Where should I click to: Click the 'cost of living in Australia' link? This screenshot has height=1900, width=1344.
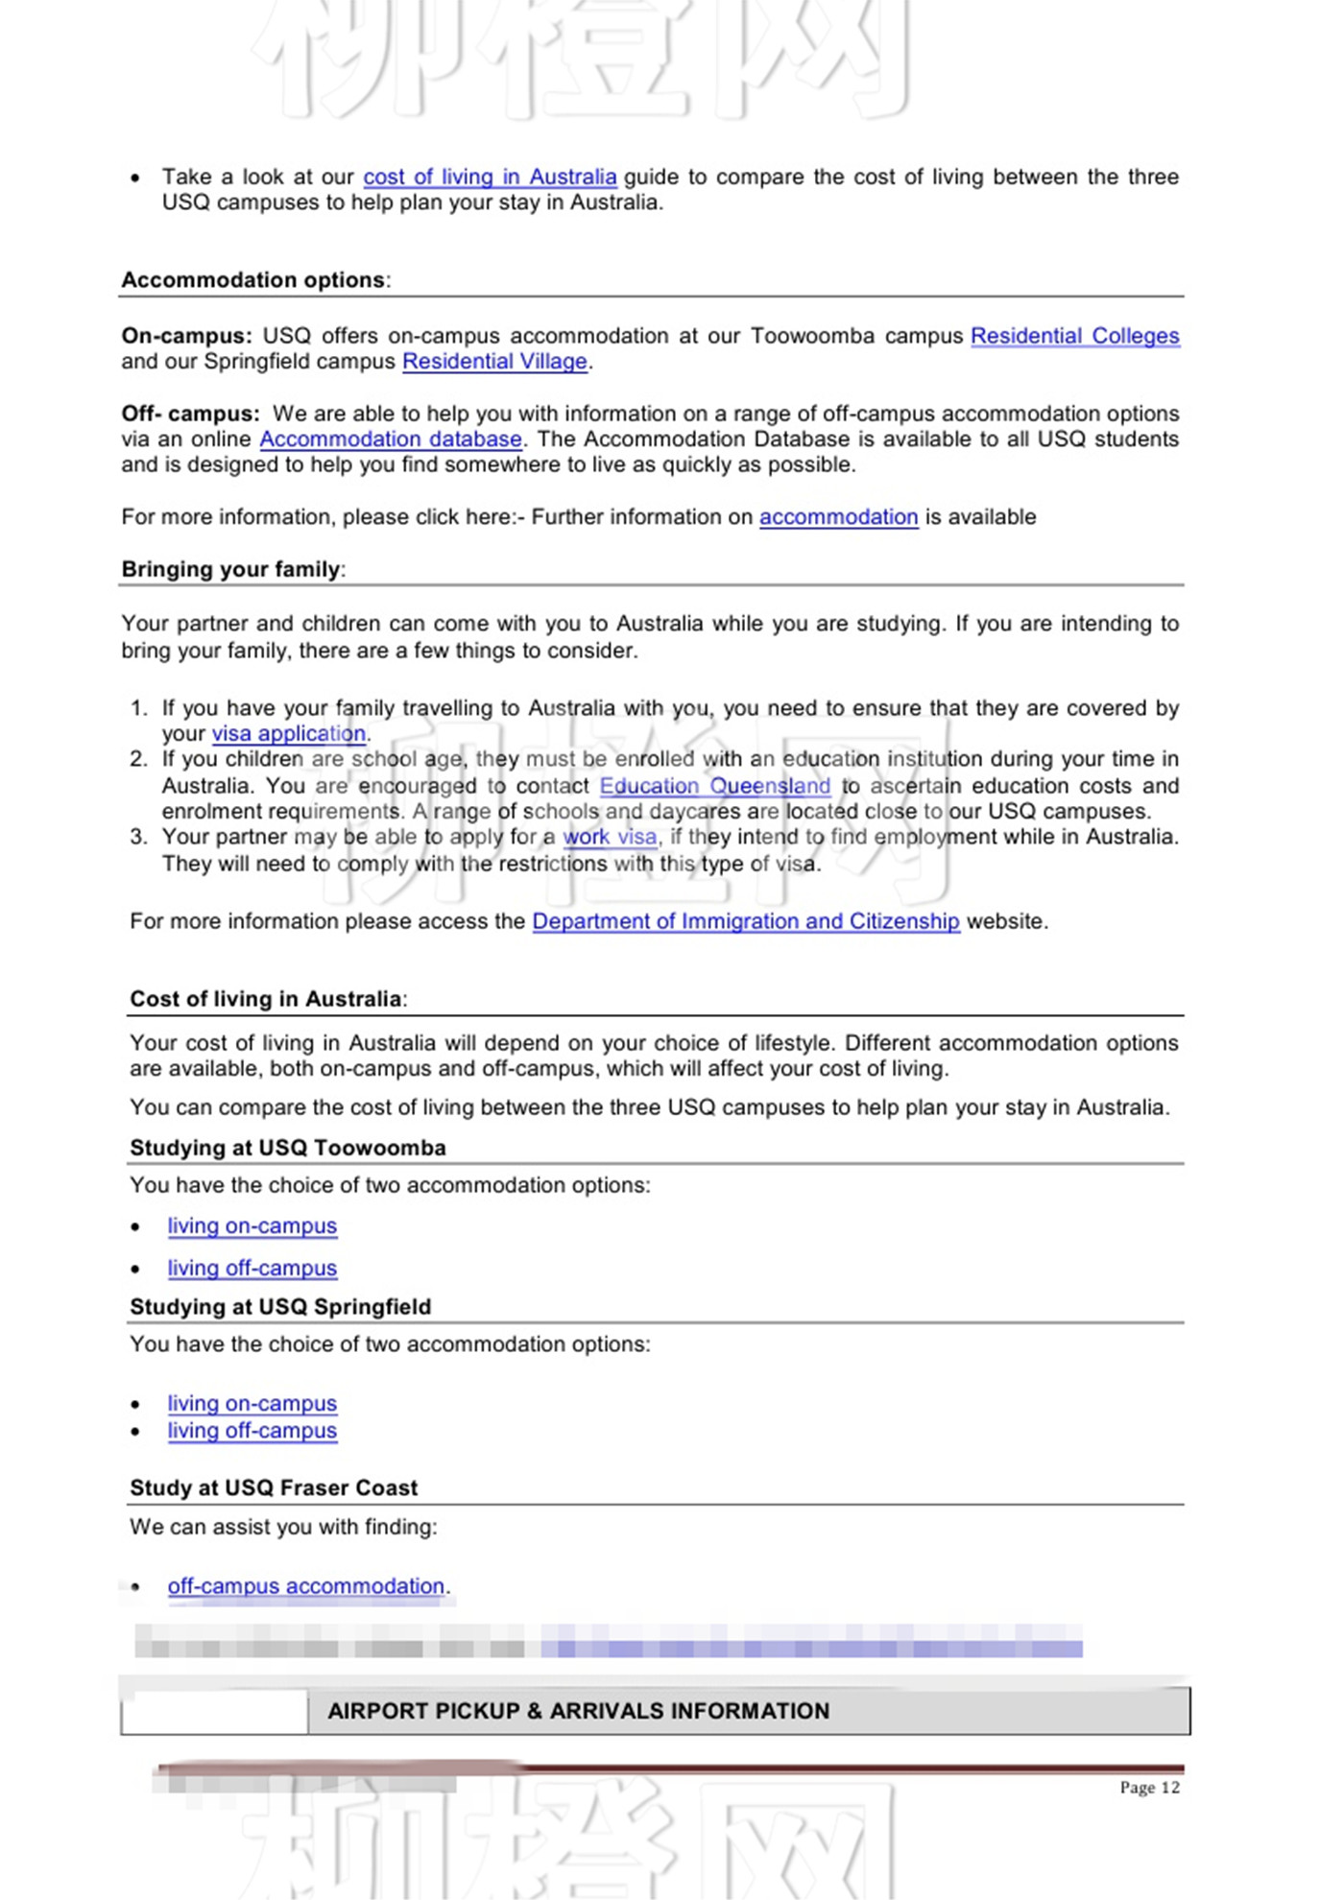click(490, 178)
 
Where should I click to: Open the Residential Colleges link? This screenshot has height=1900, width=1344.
click(1074, 337)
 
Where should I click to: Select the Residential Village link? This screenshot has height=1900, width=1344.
click(494, 362)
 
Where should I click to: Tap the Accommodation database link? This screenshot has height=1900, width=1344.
click(391, 439)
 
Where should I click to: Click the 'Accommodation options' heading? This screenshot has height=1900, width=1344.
click(253, 280)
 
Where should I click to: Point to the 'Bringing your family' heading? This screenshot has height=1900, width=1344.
click(230, 570)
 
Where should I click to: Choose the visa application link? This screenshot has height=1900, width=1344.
click(288, 734)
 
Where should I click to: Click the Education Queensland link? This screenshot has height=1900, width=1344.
click(714, 786)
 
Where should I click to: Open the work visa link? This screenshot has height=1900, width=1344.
click(610, 837)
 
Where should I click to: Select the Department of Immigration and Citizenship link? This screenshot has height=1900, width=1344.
click(745, 921)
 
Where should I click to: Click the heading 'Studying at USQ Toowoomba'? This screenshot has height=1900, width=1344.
click(288, 1149)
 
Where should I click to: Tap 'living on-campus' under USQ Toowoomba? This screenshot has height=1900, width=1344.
click(252, 1226)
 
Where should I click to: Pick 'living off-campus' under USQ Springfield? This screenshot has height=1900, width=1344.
click(252, 1431)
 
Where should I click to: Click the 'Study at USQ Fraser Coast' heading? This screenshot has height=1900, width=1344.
click(274, 1488)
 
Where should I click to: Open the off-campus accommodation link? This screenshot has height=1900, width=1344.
click(305, 1586)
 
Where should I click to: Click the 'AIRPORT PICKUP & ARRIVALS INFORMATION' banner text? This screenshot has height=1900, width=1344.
click(578, 1711)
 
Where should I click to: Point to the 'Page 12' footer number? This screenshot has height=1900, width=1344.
click(1149, 1788)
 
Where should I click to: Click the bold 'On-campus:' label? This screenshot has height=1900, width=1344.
click(186, 337)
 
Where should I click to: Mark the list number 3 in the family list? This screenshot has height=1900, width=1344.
click(138, 837)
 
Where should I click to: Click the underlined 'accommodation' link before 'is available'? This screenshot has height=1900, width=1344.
click(838, 517)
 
